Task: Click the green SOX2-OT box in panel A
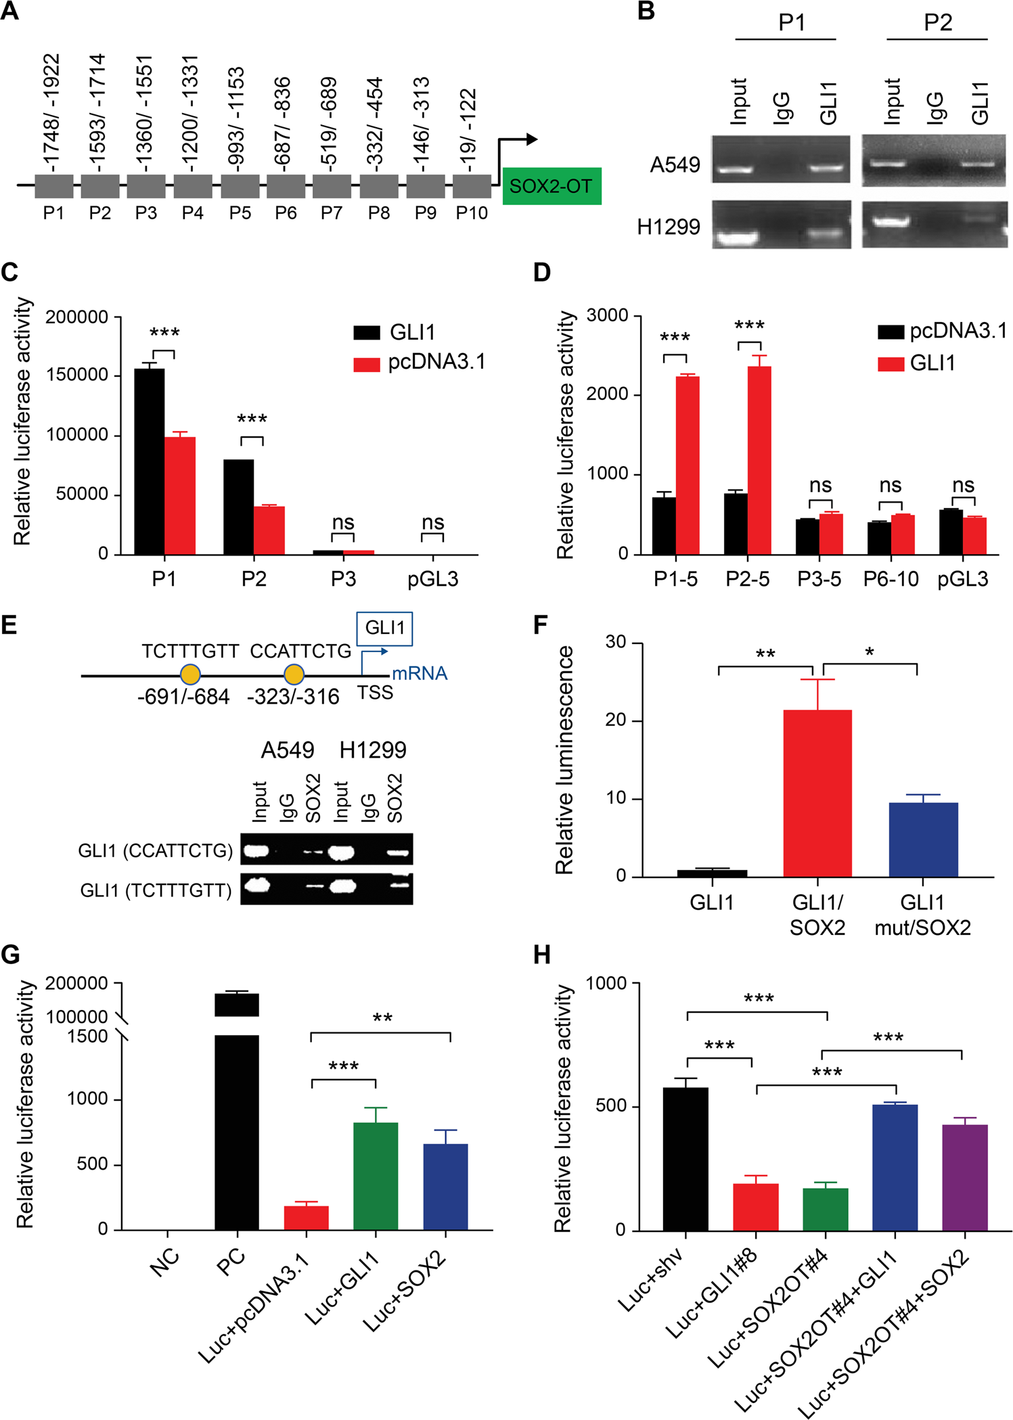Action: click(x=551, y=186)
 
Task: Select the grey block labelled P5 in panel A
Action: click(x=240, y=186)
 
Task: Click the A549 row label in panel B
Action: click(x=675, y=165)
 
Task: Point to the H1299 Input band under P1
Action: click(x=740, y=238)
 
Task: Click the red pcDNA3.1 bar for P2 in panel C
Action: click(x=269, y=530)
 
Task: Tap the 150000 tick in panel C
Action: click(x=76, y=375)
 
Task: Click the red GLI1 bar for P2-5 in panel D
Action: click(x=759, y=460)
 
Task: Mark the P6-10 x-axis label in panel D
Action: click(x=891, y=579)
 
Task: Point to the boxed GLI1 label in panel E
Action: click(x=384, y=628)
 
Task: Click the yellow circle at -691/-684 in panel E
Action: click(x=190, y=674)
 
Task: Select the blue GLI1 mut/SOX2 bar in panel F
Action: click(x=923, y=840)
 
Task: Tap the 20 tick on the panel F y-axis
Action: click(x=615, y=720)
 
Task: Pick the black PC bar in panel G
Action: click(x=237, y=1116)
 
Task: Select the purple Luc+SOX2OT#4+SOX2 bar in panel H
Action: click(x=964, y=1177)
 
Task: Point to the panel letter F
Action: click(x=540, y=625)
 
